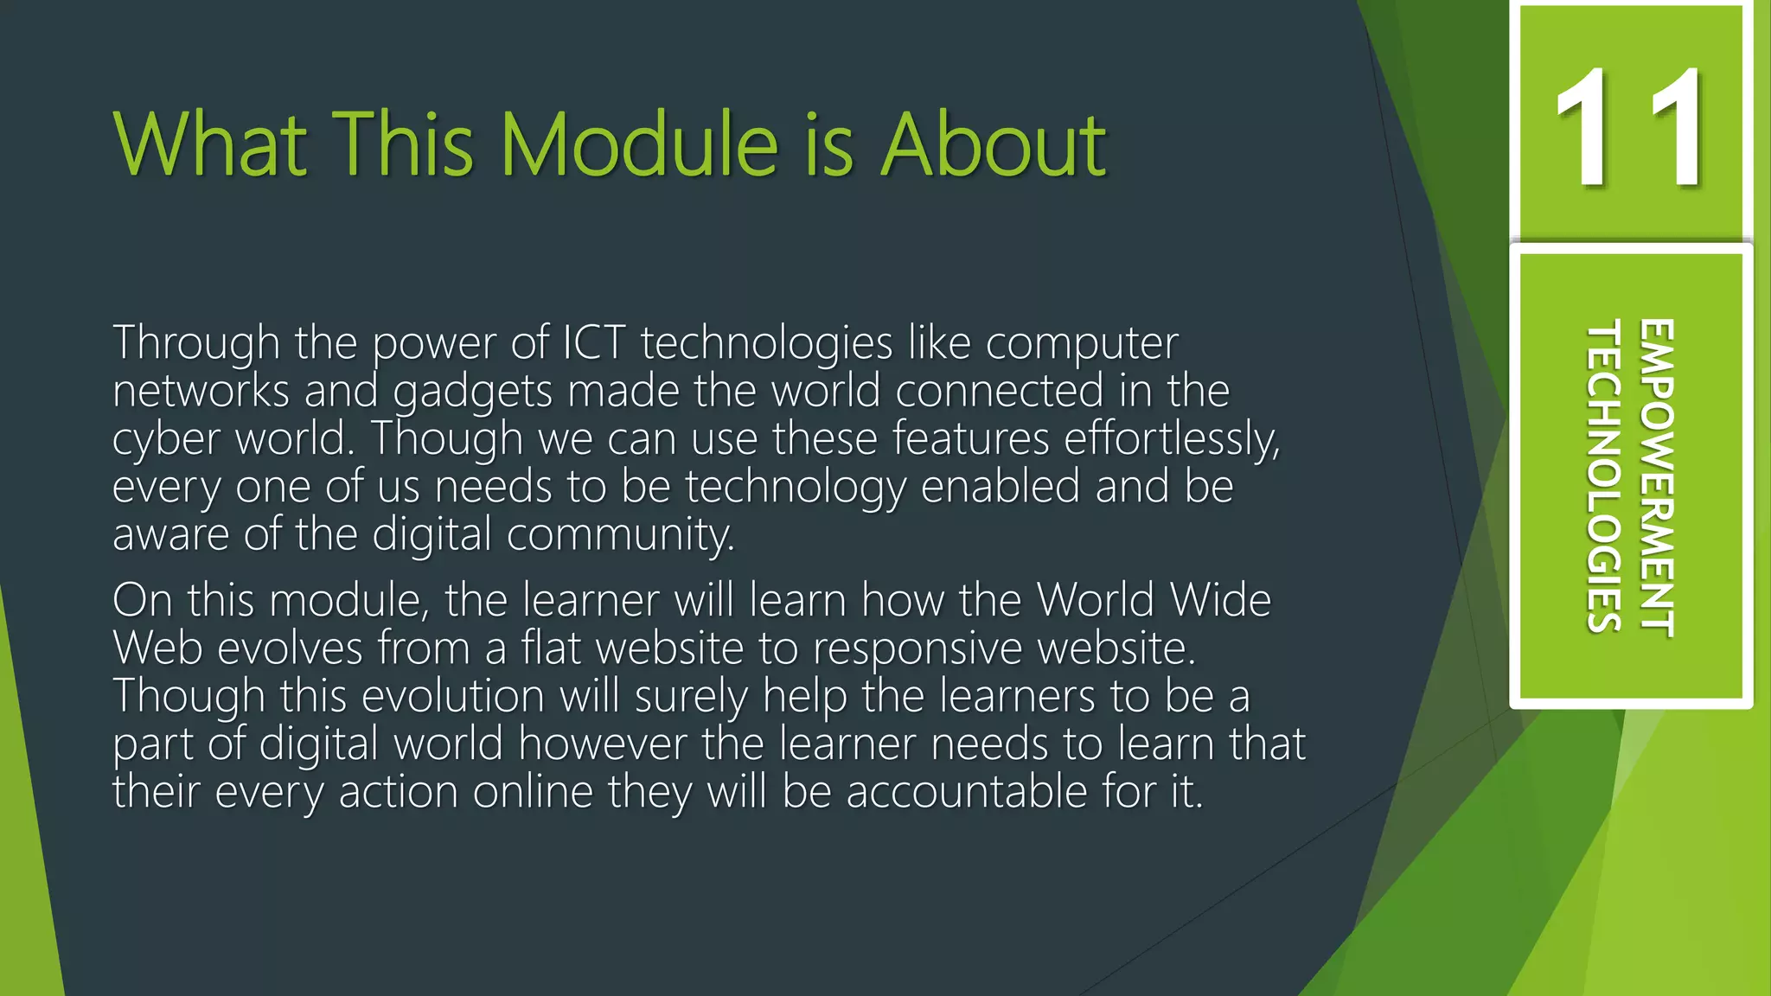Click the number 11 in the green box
(1630, 127)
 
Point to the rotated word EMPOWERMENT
(1657, 478)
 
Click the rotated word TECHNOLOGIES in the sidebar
(1604, 476)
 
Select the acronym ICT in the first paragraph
(594, 342)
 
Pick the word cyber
(166, 440)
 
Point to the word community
(620, 535)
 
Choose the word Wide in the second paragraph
(1220, 599)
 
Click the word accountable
(966, 791)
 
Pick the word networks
(201, 391)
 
